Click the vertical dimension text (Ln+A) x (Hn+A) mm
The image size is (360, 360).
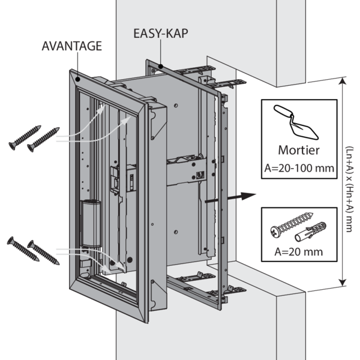349,184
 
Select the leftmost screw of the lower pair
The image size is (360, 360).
23,249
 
